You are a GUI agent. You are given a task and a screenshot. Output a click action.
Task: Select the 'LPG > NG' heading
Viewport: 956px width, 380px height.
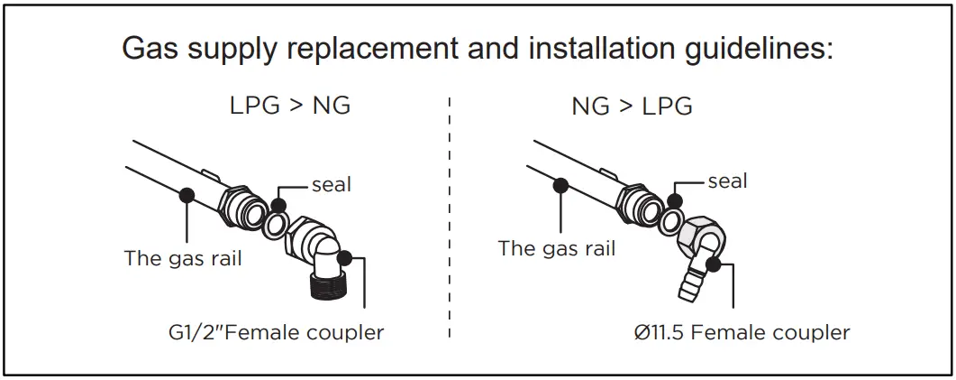[x=289, y=106]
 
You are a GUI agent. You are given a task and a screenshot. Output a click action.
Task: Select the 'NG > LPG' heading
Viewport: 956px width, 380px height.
[x=632, y=106]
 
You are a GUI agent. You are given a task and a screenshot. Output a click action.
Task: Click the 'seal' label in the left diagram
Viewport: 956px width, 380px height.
[x=331, y=185]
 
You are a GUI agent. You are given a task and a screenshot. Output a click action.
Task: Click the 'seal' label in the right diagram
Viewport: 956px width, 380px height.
[x=727, y=181]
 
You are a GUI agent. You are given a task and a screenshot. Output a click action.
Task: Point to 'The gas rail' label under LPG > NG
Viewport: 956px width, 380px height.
[x=183, y=259]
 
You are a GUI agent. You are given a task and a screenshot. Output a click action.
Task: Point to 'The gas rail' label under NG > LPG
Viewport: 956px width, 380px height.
[x=556, y=248]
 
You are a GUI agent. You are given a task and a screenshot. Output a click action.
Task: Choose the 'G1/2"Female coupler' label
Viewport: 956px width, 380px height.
[x=276, y=332]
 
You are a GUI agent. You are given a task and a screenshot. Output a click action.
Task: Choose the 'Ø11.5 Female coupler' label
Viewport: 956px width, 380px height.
[x=741, y=332]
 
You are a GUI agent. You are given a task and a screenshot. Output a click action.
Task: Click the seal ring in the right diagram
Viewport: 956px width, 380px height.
[x=670, y=220]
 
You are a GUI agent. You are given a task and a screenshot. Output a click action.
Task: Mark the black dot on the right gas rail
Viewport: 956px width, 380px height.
[x=560, y=185]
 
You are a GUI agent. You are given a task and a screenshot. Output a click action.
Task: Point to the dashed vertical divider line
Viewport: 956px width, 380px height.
[x=449, y=217]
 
